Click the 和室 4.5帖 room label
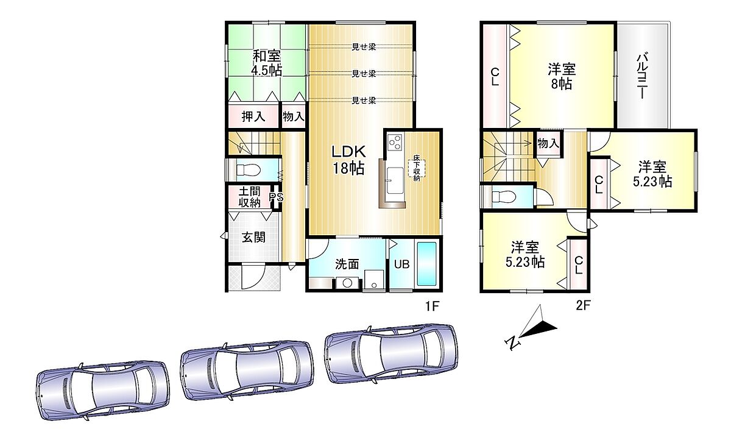point(267,63)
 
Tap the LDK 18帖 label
point(348,160)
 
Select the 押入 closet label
point(253,116)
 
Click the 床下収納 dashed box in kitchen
point(417,168)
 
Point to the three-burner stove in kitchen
point(395,142)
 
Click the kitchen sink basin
point(395,180)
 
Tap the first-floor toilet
point(249,170)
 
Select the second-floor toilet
point(504,197)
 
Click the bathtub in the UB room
point(427,264)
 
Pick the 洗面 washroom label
point(347,264)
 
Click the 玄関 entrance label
point(253,238)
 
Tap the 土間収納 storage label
point(250,197)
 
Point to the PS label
point(276,197)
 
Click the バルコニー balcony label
point(642,76)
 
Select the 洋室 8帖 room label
point(561,77)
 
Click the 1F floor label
point(432,306)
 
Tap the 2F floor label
point(583,305)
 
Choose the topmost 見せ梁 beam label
point(364,47)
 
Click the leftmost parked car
point(102,391)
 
